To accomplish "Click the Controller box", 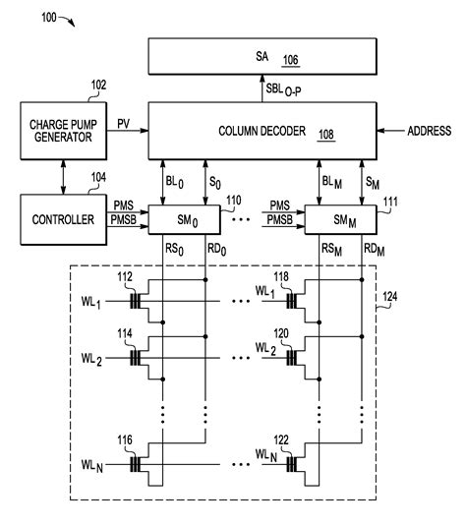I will pos(61,219).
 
